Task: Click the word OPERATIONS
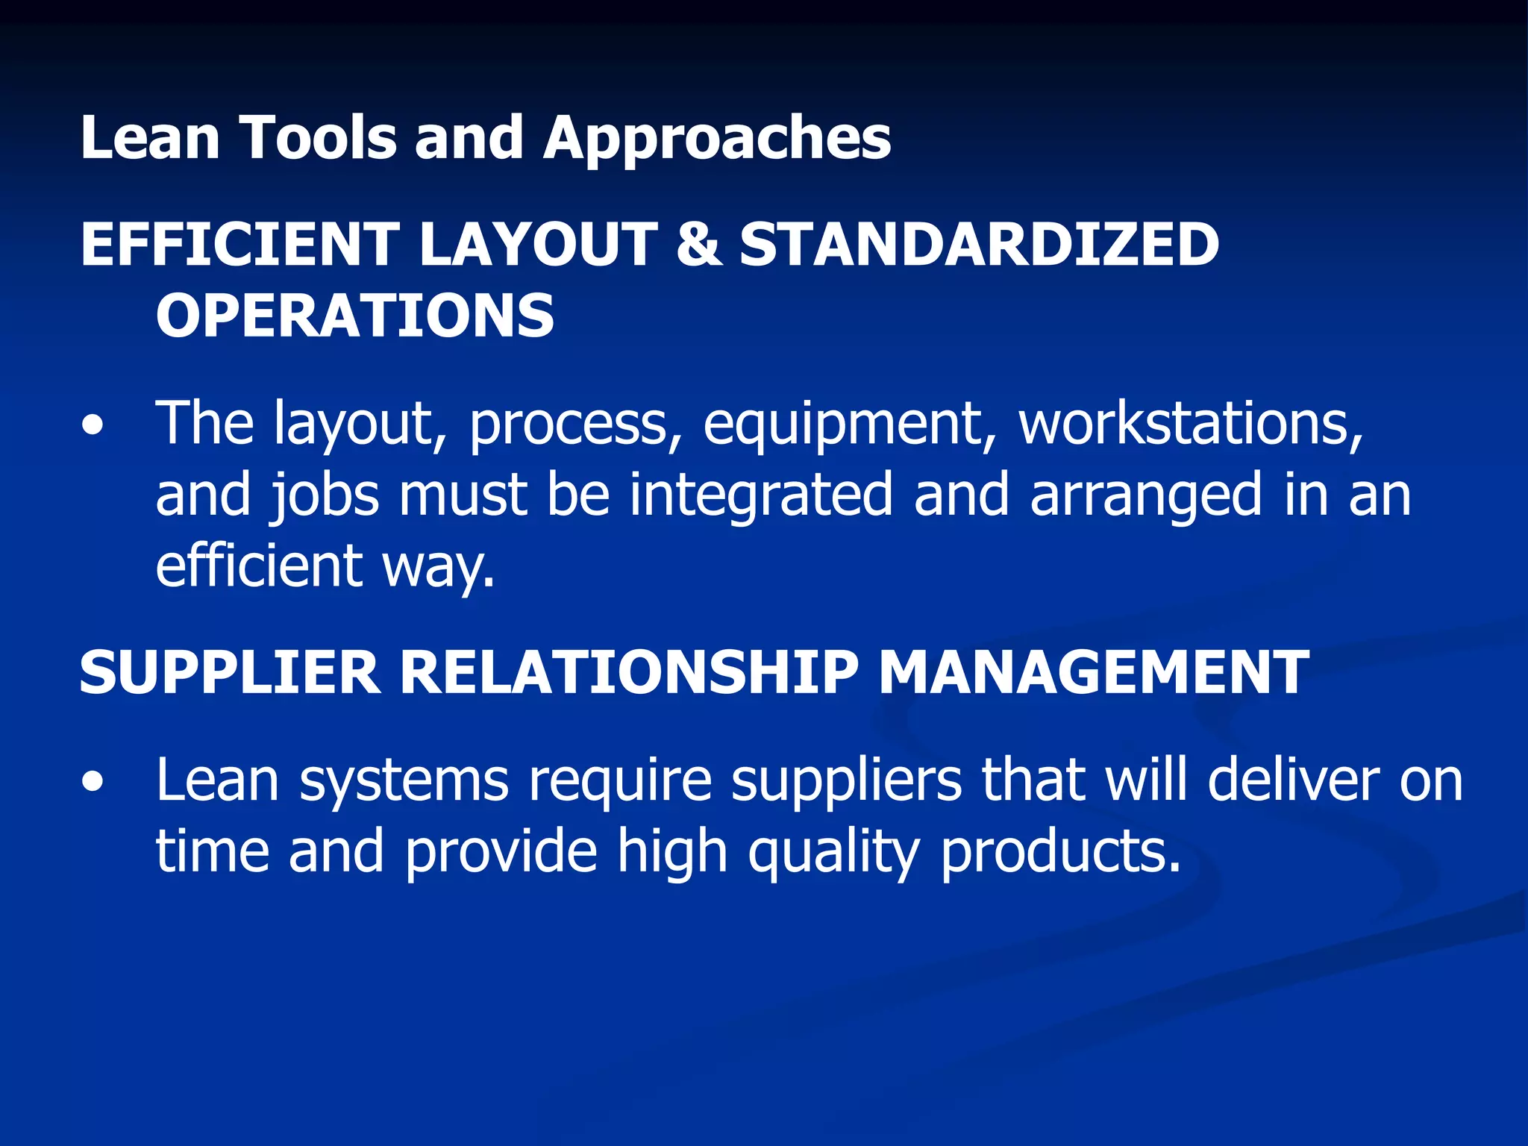point(355,316)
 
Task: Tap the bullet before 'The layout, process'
point(93,428)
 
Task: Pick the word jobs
point(325,496)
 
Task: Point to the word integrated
point(760,495)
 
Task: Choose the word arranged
point(1146,496)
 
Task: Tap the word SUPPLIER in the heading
point(229,672)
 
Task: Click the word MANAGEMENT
point(1094,672)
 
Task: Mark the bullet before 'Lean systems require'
point(93,783)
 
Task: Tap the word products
point(1060,851)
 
